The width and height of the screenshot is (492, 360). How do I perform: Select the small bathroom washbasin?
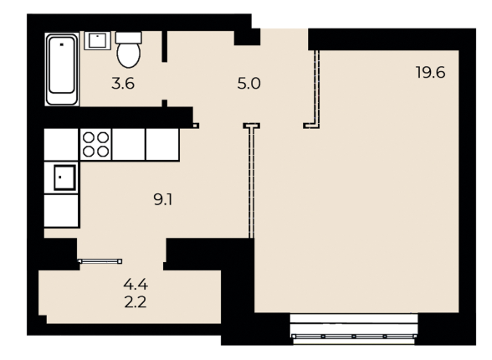(x=98, y=40)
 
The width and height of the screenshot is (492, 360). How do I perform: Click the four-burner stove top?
(x=95, y=144)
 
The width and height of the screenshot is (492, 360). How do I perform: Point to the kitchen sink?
(x=61, y=177)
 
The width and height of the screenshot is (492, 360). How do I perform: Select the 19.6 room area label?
(x=430, y=72)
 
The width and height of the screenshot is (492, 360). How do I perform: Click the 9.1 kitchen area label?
(x=164, y=199)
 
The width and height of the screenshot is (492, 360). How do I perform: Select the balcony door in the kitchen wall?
(x=100, y=260)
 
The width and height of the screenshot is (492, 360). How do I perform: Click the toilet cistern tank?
(x=128, y=37)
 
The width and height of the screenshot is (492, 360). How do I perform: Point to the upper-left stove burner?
(x=87, y=136)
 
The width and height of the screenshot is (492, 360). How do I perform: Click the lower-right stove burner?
(x=103, y=152)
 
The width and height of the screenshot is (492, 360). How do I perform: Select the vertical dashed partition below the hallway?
(x=251, y=181)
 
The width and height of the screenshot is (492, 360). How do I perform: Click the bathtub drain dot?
(x=61, y=41)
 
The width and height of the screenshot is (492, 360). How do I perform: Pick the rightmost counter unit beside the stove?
(x=163, y=144)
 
